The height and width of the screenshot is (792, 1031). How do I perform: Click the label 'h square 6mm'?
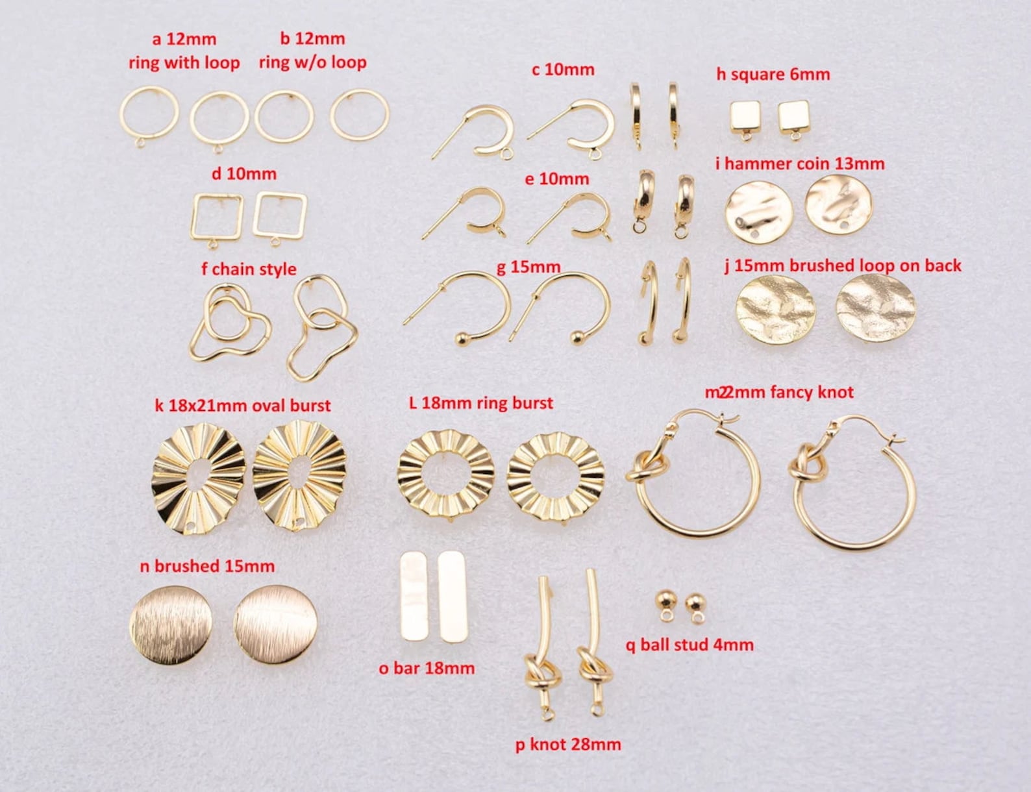point(773,74)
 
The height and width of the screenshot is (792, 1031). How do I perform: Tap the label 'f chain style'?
point(249,269)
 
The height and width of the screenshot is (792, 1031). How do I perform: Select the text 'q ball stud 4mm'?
point(689,645)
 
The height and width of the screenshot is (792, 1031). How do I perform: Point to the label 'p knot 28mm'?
point(568,744)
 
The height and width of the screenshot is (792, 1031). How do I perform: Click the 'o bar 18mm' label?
point(427,667)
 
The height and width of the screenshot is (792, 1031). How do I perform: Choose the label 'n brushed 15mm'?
point(207,566)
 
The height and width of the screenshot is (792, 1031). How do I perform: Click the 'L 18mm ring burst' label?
point(481,402)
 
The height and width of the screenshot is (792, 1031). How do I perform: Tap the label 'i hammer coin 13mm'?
point(800,164)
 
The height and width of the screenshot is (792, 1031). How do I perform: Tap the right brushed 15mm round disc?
point(275,625)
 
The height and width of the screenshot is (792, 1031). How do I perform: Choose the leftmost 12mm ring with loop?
point(149,114)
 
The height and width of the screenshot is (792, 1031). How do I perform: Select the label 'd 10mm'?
point(243,174)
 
